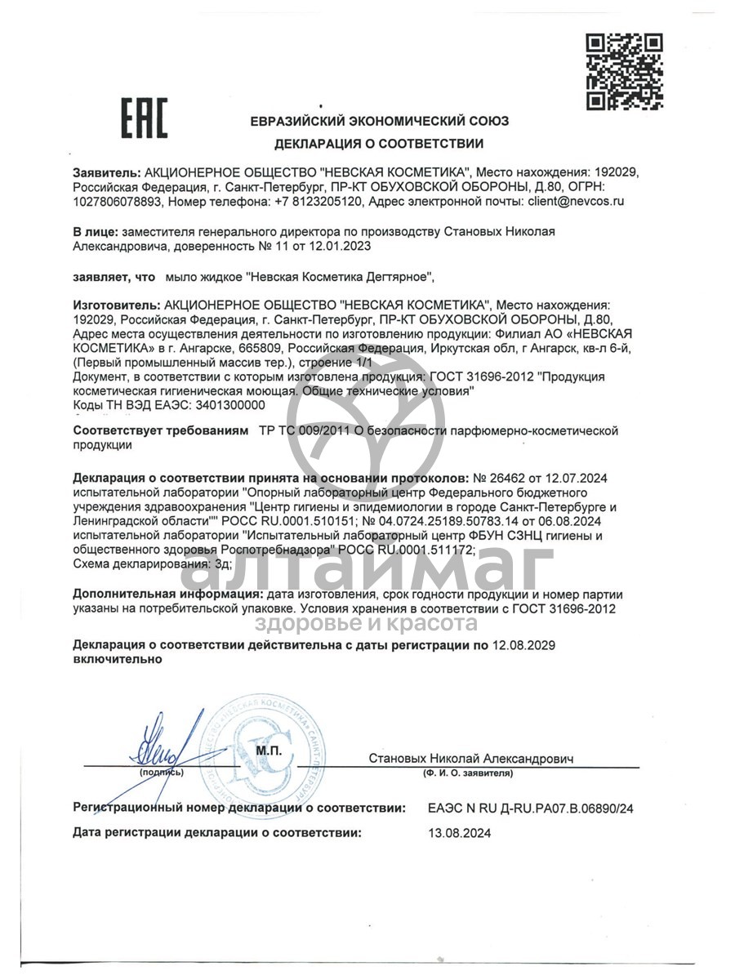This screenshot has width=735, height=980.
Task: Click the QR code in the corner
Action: click(625, 72)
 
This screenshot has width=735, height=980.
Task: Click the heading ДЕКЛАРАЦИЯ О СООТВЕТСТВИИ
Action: click(379, 144)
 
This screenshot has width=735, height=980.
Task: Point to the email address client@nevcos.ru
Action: click(577, 201)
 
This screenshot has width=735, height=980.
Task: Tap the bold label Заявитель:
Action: click(107, 173)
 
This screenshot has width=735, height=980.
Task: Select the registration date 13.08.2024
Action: click(460, 833)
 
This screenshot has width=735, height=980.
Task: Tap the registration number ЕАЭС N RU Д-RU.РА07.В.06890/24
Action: click(530, 808)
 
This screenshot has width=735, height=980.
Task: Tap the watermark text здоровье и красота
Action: click(367, 624)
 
